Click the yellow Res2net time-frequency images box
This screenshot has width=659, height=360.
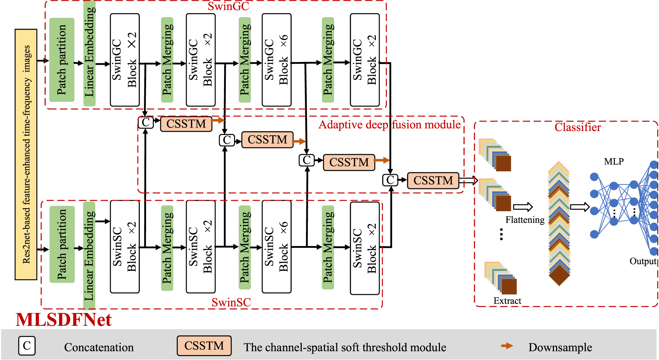coord(26,154)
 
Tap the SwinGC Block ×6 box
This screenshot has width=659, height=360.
coord(276,60)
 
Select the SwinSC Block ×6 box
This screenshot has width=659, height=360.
coord(276,246)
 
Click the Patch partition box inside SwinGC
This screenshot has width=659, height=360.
coord(62,60)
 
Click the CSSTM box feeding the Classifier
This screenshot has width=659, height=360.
coord(433,180)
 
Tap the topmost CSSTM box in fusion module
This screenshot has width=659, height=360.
coord(186,124)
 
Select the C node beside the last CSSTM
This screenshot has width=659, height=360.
coord(390,180)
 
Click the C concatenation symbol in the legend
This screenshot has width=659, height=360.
coord(27,345)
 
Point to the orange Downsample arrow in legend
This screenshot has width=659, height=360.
coord(507,346)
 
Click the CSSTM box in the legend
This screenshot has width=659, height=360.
coord(204,345)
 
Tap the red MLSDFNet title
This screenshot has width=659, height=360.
coord(63,319)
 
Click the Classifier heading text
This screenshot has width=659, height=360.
coord(577,127)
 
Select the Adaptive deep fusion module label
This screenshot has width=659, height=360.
coord(389,125)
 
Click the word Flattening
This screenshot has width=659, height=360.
coord(525,220)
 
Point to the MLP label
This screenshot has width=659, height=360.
coord(613,161)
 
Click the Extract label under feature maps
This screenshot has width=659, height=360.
coord(507,301)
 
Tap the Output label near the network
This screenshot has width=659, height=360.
coord(643,261)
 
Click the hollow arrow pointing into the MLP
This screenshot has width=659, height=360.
coord(580,207)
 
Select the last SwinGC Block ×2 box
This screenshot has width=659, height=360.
coord(364,60)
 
